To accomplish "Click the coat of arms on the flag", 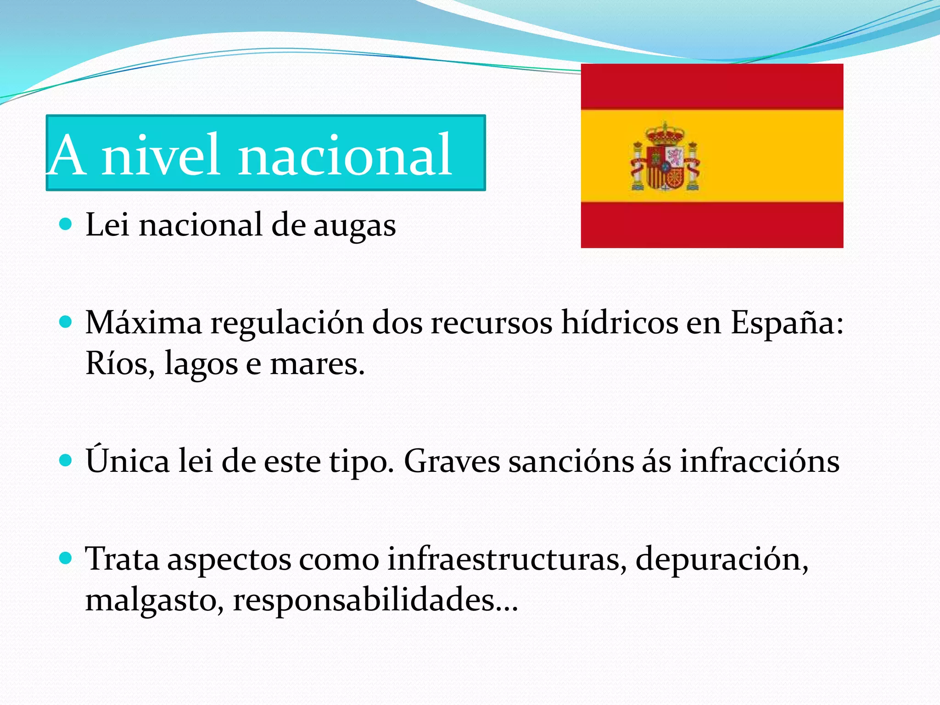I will pyautogui.click(x=665, y=157).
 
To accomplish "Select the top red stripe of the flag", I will pyautogui.click(x=712, y=86).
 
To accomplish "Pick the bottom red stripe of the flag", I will pyautogui.click(x=712, y=225).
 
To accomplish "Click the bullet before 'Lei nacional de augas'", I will pyautogui.click(x=66, y=224).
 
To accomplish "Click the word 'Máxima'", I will pyautogui.click(x=144, y=322).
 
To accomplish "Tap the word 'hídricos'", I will pyautogui.click(x=620, y=322).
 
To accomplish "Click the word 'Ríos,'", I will pyautogui.click(x=120, y=364).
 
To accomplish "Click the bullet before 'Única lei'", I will pyautogui.click(x=66, y=460).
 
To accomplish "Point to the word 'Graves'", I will pyautogui.click(x=452, y=461).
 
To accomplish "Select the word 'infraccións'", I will pyautogui.click(x=760, y=461).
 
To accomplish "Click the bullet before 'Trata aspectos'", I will pyautogui.click(x=66, y=558).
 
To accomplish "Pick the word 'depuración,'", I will pyautogui.click(x=722, y=560).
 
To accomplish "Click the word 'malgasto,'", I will pyautogui.click(x=155, y=600).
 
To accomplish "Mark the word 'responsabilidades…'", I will pyautogui.click(x=375, y=600).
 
